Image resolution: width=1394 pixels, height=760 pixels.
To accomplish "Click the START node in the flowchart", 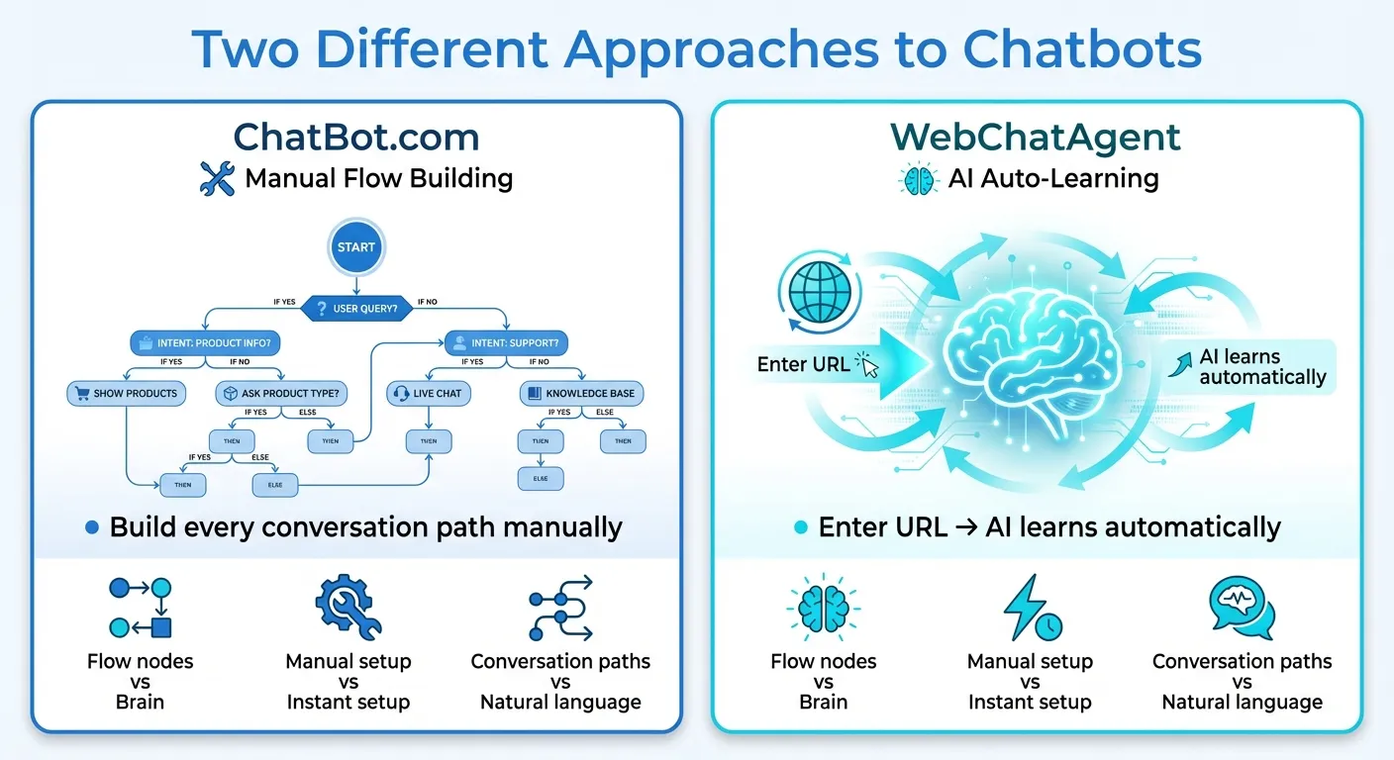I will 355,247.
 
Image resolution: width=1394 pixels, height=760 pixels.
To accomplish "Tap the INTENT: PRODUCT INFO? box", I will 206,344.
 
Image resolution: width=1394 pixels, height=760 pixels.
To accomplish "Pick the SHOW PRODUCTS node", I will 127,393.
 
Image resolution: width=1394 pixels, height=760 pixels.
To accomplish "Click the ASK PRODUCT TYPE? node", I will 282,393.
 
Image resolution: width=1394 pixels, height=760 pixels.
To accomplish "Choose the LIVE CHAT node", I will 428,393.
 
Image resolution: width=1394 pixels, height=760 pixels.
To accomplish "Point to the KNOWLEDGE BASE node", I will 582,393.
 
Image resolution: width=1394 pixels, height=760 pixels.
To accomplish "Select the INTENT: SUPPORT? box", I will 506,344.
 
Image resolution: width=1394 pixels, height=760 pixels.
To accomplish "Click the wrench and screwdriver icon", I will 217,179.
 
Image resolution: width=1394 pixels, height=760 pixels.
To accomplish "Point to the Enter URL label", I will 803,364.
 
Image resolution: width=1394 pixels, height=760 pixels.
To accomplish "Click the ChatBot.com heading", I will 356,137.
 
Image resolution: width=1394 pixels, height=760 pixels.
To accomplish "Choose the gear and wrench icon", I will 348,609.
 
